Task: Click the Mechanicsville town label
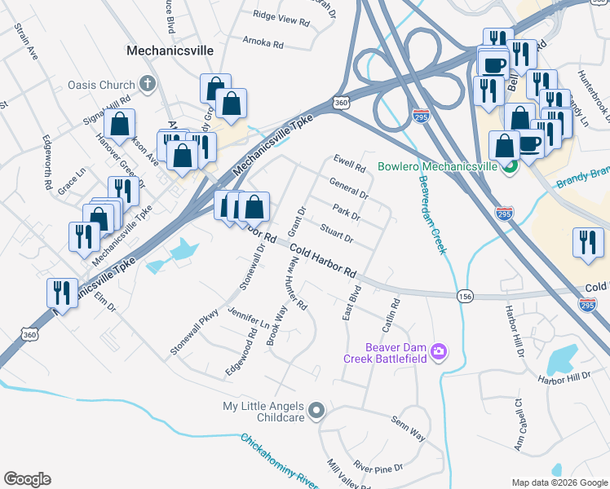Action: (170, 51)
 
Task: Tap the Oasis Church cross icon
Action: (147, 82)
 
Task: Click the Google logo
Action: (27, 479)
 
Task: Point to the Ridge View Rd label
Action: (281, 15)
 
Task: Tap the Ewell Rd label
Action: (348, 161)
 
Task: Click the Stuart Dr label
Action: (336, 234)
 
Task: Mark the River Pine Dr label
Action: (378, 469)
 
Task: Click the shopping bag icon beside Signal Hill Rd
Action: (120, 125)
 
